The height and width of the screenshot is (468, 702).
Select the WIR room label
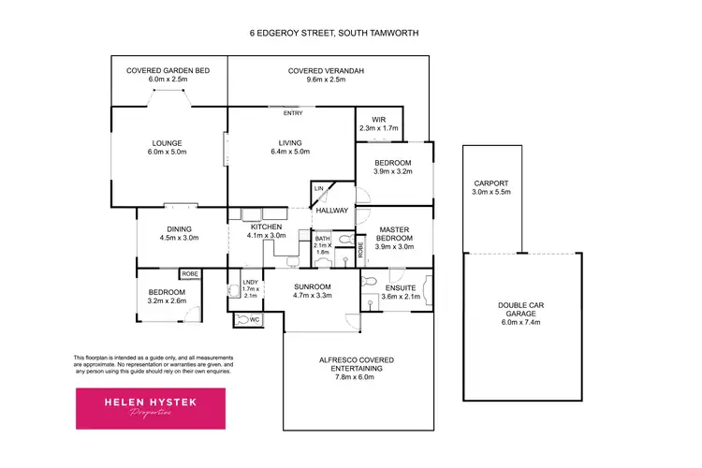click(378, 119)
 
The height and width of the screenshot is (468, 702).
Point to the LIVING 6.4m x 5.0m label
click(289, 146)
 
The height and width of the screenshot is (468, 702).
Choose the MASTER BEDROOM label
click(393, 236)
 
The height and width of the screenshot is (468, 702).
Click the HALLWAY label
click(332, 212)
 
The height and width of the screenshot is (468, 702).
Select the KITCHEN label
click(267, 229)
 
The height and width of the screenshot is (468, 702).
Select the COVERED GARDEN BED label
click(168, 75)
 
